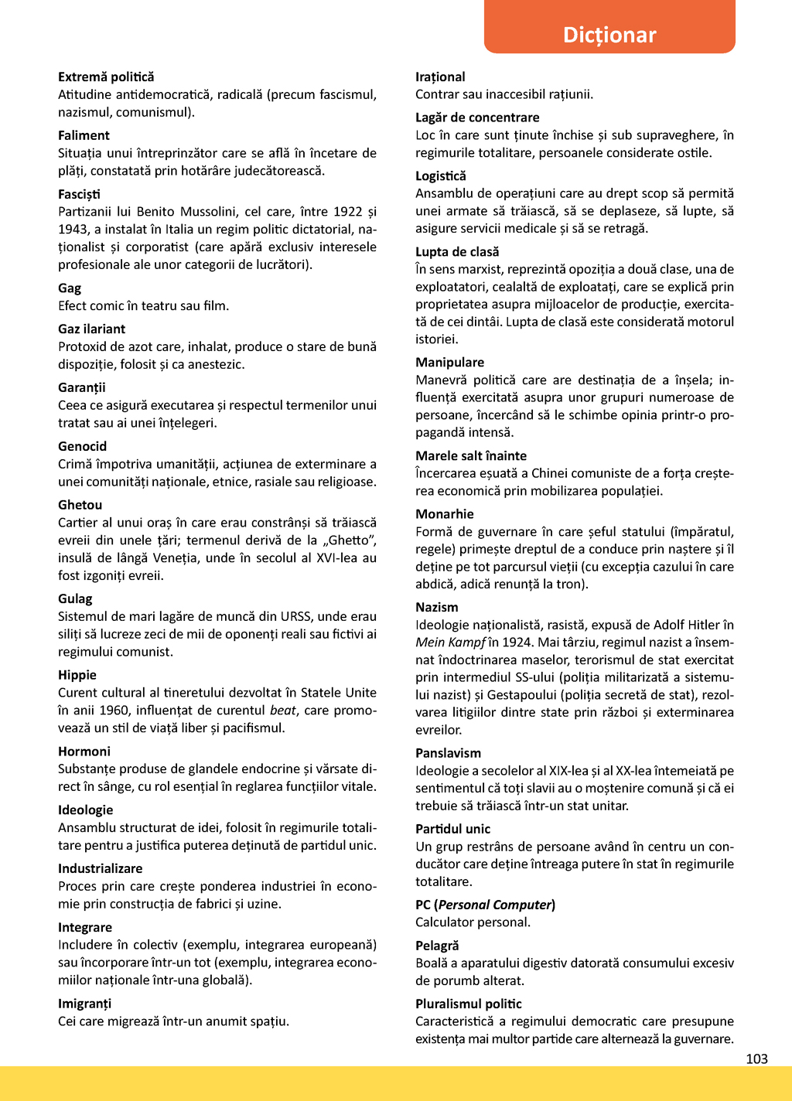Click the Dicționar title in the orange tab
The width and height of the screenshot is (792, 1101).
point(609,35)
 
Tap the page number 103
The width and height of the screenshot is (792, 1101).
point(756,1058)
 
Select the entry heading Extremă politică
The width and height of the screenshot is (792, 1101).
point(106,77)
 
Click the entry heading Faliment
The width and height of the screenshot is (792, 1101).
point(84,135)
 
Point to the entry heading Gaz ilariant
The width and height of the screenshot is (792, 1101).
point(91,329)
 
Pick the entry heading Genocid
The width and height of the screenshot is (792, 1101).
point(82,446)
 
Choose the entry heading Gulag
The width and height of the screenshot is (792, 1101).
point(75,598)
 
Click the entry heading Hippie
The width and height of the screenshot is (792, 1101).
point(77,675)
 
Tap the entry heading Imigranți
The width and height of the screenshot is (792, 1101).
point(84,1004)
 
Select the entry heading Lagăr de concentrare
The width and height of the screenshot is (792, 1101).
point(477,118)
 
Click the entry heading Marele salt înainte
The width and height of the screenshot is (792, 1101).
point(471,455)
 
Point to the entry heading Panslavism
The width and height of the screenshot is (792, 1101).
point(448,753)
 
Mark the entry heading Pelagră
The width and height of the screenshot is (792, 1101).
point(437,946)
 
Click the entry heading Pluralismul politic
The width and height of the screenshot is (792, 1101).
point(468,1004)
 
